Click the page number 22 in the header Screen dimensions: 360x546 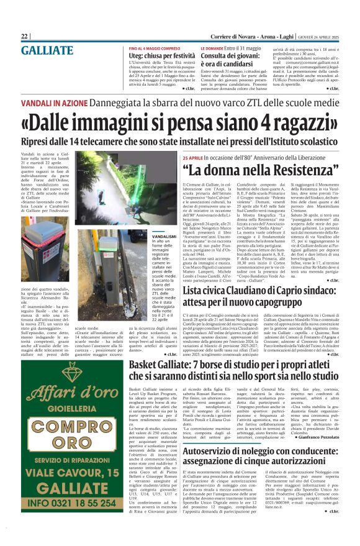(x=24, y=37)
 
